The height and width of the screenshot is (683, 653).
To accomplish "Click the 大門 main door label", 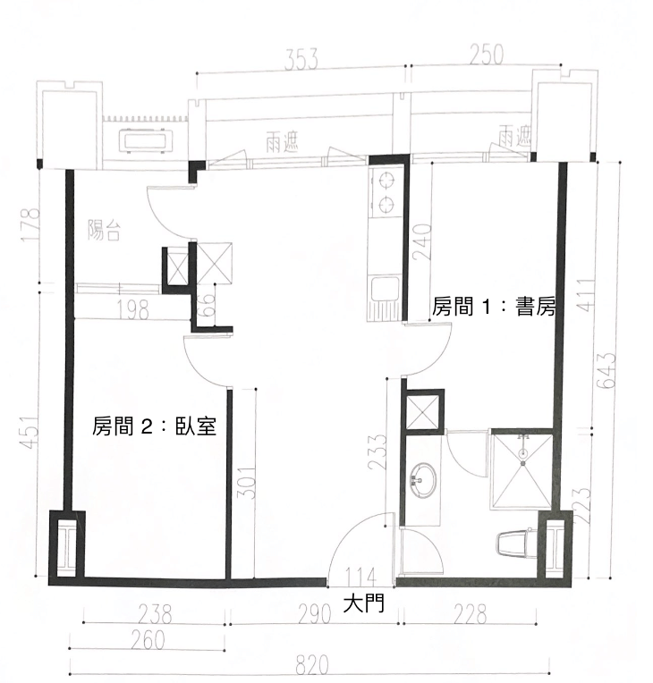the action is click(x=363, y=604).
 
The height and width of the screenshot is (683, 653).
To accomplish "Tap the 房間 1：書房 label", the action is click(x=494, y=307).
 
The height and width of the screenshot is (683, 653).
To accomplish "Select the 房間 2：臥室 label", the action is click(x=155, y=426).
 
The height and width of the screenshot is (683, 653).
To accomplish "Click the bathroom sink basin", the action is click(x=422, y=480).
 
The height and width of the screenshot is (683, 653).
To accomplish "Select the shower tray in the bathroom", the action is click(x=522, y=470).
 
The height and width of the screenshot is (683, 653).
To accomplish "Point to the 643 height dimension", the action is click(x=606, y=370).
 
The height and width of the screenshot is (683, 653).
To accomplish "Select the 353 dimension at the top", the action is click(x=301, y=59).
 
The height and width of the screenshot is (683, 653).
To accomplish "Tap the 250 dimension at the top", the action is click(x=487, y=54).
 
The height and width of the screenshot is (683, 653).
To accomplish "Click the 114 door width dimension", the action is click(x=360, y=578).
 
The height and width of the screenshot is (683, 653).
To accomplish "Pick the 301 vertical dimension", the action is click(x=245, y=483).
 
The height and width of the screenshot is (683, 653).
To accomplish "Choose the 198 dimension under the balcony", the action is click(x=133, y=310).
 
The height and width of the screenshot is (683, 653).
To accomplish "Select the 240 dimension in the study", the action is click(x=421, y=242).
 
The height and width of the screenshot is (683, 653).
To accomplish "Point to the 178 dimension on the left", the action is click(x=31, y=225).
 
